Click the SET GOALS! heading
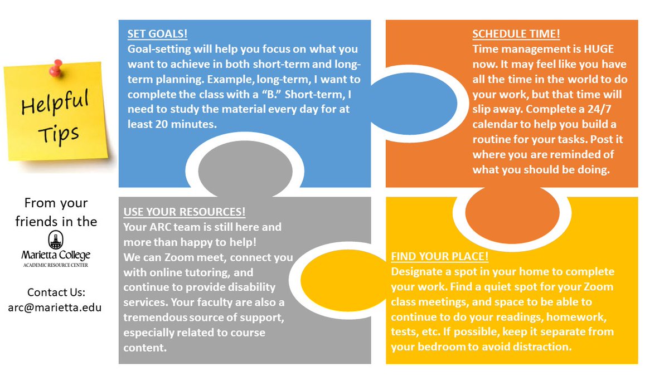157,33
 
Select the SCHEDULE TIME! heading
516,34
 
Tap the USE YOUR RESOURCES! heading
185,212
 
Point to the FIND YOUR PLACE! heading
440,257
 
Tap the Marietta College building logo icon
54,239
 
